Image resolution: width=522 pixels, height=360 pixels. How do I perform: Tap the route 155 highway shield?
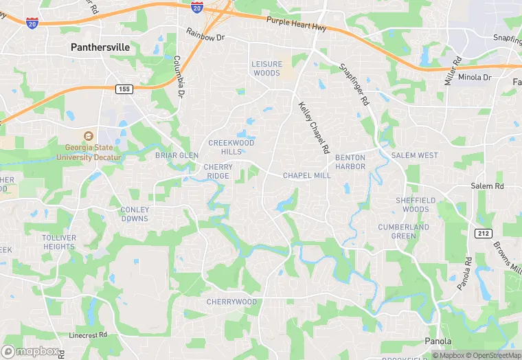pos(124,89)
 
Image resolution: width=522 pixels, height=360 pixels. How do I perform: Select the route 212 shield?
pos(483,234)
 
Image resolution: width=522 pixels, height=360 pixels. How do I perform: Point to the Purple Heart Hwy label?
pos(296,25)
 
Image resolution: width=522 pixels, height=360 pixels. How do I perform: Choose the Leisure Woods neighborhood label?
pos(266,68)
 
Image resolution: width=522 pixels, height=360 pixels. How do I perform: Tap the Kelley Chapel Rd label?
pos(314,128)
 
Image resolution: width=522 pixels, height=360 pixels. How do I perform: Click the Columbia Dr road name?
pos(180,77)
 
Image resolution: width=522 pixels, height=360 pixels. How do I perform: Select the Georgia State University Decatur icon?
pos(88,136)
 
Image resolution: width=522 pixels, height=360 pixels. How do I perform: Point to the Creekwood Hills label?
pos(231,147)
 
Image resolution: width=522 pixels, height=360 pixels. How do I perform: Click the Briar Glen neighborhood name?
pos(177,155)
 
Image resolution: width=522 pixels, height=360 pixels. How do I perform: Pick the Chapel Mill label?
pos(306,175)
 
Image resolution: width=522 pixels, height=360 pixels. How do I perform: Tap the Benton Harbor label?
pos(350,162)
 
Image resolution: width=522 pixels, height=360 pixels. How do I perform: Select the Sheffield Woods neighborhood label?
pos(416,205)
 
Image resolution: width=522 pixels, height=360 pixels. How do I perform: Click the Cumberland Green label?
pos(404,232)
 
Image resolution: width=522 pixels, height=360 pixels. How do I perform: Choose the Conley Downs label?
pos(134,214)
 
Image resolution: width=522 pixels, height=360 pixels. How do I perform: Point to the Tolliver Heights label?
pos(58,242)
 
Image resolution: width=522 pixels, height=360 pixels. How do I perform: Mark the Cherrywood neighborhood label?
pos(231,302)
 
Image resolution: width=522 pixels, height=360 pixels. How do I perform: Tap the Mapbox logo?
pos(30,350)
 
